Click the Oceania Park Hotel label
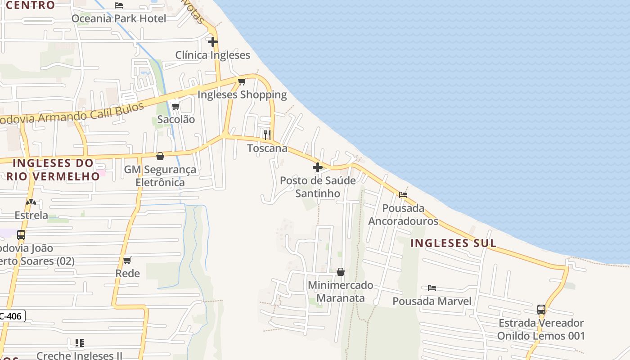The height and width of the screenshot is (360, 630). (119, 18)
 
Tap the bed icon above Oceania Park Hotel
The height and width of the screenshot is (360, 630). (119, 5)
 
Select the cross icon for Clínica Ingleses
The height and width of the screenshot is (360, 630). (213, 42)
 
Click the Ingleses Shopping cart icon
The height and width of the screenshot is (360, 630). (242, 81)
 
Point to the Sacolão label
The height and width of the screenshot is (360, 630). (176, 119)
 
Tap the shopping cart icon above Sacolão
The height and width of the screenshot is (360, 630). (176, 106)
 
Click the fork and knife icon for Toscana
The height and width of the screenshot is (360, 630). (267, 135)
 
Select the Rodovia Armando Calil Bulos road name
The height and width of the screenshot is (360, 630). (72, 114)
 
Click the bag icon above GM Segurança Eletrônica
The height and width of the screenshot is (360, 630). (160, 156)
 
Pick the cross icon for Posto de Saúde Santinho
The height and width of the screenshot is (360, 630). (318, 167)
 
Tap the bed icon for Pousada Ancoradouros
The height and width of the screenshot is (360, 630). (403, 195)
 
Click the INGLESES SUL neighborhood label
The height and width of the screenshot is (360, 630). (454, 243)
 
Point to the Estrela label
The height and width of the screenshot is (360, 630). (31, 215)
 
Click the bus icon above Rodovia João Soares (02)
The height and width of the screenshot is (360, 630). (21, 234)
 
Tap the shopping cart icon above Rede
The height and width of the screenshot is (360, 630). (127, 260)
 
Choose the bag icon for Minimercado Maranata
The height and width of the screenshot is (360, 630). (341, 272)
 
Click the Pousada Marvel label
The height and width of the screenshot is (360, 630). (432, 301)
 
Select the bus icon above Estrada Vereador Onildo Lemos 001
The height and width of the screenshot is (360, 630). (541, 310)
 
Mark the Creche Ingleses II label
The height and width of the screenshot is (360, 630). (79, 355)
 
